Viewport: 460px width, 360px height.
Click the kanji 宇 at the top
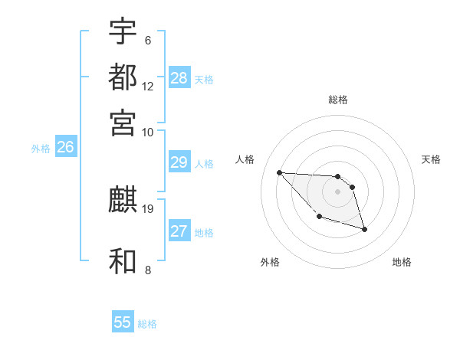123,31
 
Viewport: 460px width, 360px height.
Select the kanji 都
123,77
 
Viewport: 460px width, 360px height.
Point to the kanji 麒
123,201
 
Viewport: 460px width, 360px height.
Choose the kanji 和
123,261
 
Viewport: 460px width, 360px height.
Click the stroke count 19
149,208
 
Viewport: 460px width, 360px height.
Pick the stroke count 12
148,86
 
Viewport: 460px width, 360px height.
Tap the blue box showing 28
179,78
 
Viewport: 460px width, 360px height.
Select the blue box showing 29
179,162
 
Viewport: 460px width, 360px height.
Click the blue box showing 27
179,231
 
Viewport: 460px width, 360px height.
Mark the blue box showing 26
65,148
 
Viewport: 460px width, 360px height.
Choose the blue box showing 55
123,322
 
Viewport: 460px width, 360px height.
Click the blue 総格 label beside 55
147,324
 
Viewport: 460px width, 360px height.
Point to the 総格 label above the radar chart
338,100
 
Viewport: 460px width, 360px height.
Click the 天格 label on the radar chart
431,159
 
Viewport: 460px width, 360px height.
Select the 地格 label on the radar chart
402,262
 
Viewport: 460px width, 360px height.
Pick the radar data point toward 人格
279,172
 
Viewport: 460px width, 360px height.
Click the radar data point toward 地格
364,229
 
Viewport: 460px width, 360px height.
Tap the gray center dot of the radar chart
337,191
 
